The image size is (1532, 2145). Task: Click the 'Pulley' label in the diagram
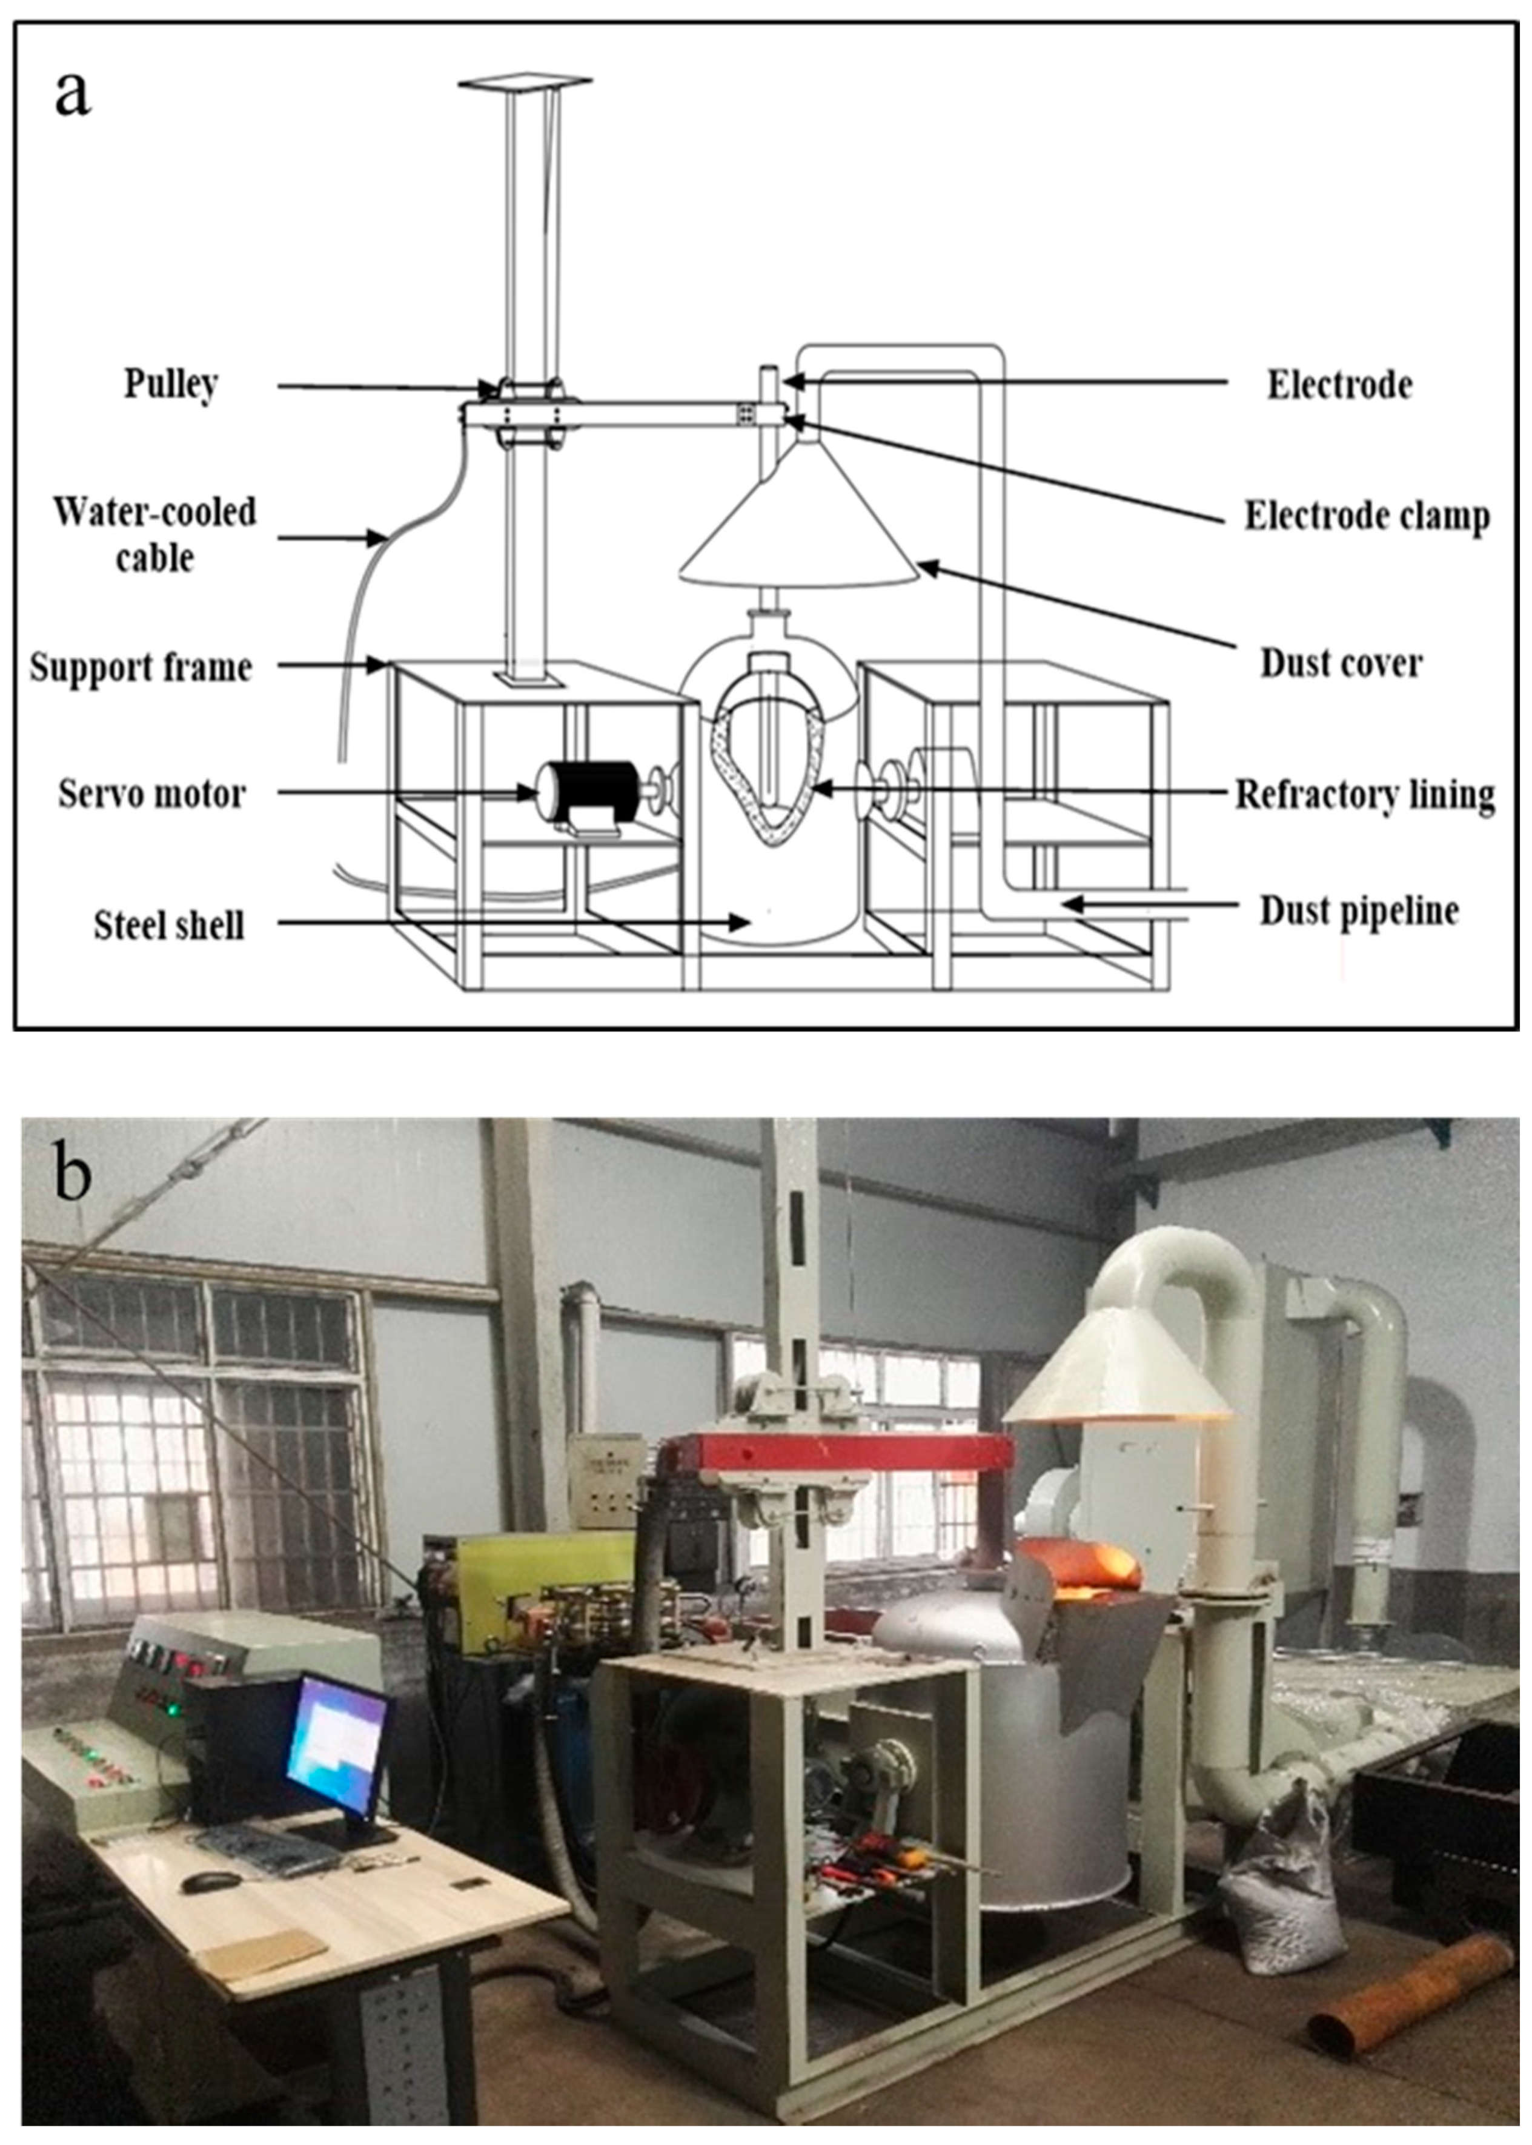coord(171,384)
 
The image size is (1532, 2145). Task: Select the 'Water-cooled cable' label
coord(154,535)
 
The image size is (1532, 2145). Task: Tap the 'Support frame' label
coord(141,667)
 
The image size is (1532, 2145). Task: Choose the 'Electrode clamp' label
coord(1367,516)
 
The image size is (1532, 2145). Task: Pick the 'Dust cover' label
coord(1341,663)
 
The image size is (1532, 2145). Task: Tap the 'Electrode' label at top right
coord(1339,385)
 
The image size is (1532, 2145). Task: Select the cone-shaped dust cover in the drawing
coord(798,528)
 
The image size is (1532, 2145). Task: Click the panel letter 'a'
coord(73,95)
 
